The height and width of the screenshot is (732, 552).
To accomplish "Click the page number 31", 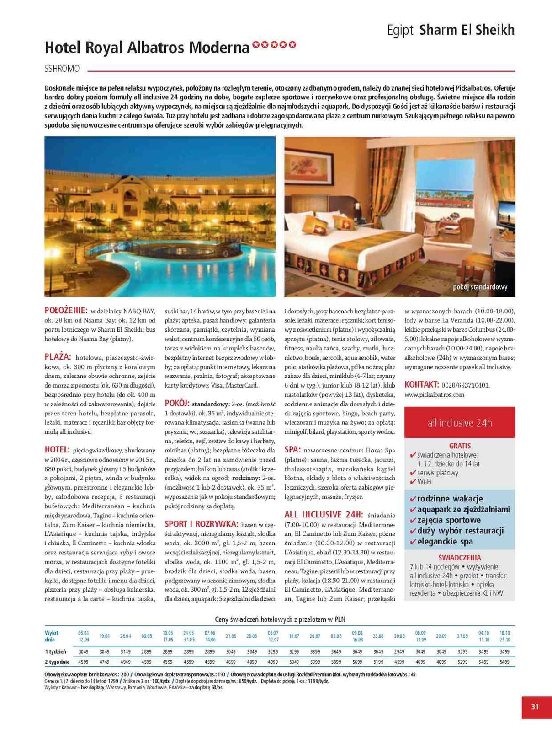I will click(535, 706).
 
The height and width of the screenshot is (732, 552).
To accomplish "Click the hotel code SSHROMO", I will click(62, 69).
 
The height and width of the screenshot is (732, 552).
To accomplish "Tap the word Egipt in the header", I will click(400, 31).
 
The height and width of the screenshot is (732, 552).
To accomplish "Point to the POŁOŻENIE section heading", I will click(66, 310).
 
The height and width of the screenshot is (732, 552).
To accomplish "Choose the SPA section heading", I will click(292, 450).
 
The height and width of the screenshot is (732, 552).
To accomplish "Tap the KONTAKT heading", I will click(422, 385).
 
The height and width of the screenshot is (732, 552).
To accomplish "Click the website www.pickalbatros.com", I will click(434, 394).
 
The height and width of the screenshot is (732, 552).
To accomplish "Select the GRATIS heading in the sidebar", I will click(460, 446).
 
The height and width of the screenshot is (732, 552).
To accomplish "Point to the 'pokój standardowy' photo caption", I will click(480, 287).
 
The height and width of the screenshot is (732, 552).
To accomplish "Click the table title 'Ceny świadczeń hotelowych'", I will click(280, 619).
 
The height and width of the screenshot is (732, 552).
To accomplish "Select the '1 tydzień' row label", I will click(56, 651).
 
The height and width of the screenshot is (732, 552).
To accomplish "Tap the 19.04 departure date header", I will click(105, 636).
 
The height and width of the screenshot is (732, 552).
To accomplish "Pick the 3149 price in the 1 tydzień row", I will click(126, 651).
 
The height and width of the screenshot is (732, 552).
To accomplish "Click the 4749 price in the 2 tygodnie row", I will click(105, 662).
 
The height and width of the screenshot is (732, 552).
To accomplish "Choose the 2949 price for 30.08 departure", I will click(399, 651).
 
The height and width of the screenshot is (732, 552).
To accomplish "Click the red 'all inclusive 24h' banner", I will click(460, 423).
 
